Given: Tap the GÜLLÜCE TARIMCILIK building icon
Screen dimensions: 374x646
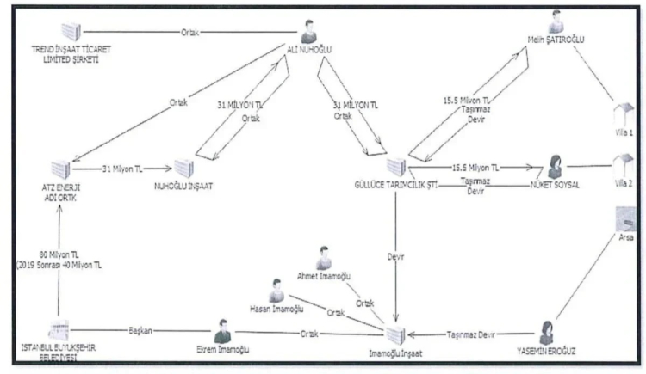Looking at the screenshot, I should point(394,167).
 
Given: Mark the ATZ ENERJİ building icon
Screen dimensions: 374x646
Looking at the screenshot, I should point(60,168).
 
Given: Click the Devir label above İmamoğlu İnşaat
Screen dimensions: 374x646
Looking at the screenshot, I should point(394,257).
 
